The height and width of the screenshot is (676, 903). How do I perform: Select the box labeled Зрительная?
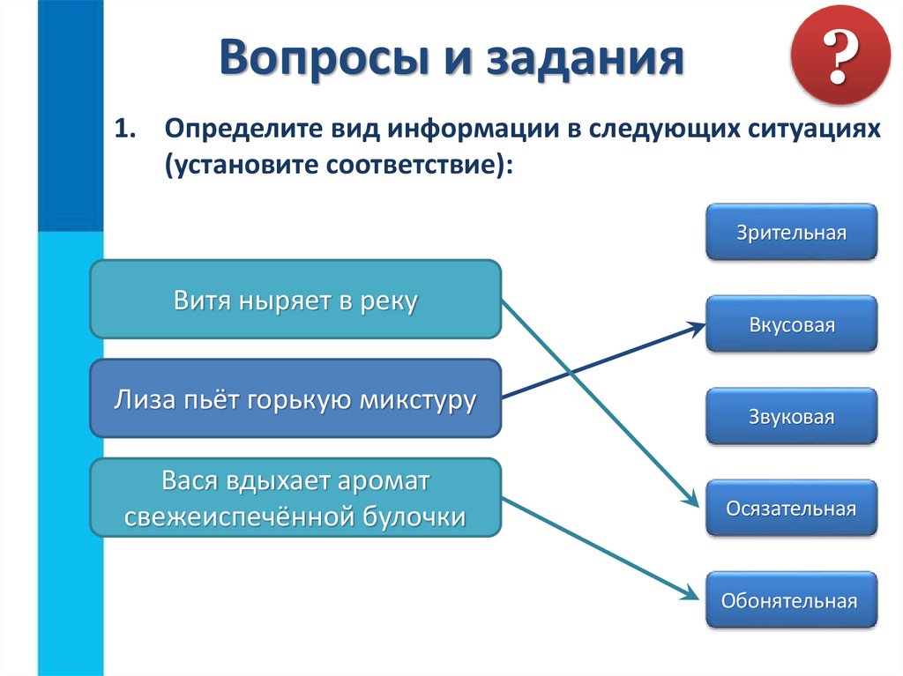[791, 233]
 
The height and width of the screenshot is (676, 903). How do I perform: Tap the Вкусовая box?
[791, 324]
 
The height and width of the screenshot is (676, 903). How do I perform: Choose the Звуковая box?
[791, 416]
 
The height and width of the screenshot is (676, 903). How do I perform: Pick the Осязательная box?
[791, 509]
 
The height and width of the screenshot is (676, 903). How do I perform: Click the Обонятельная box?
[791, 600]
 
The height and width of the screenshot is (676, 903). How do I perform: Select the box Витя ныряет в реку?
[295, 300]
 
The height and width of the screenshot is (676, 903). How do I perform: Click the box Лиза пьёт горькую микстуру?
[295, 399]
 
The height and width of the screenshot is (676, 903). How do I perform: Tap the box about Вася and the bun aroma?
[295, 498]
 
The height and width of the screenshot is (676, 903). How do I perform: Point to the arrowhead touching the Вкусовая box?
[697, 326]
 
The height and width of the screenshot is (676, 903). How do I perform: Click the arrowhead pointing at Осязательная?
[692, 501]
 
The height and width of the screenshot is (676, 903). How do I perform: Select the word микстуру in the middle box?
[417, 399]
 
